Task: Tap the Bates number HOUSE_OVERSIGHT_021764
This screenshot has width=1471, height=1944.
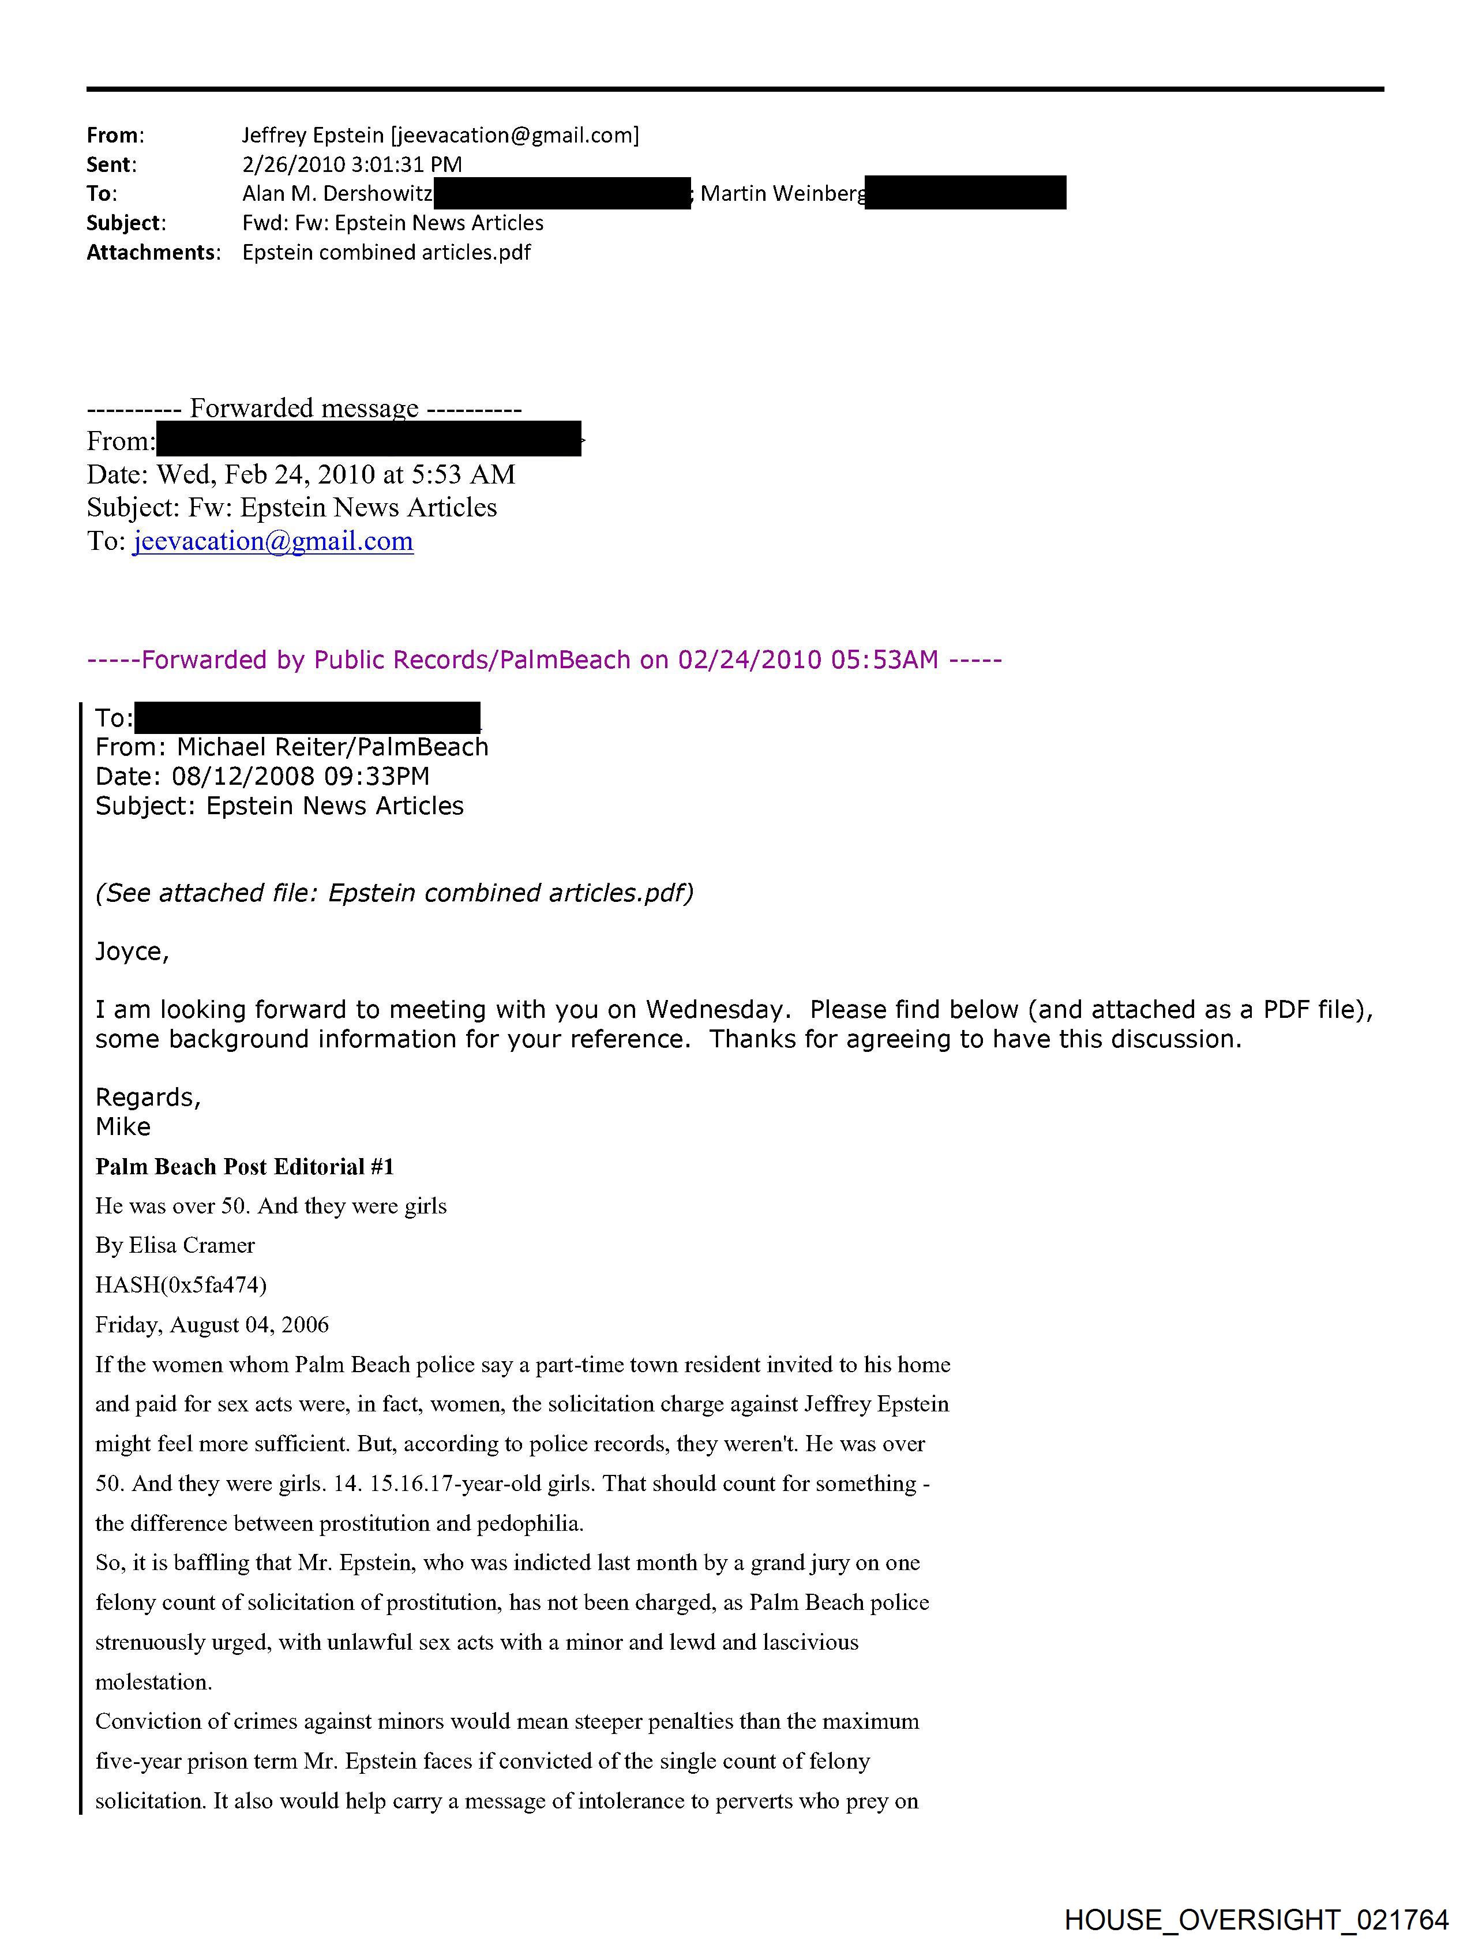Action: pyautogui.click(x=1256, y=1919)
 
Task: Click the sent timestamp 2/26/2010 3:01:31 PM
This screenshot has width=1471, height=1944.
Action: pyautogui.click(x=351, y=164)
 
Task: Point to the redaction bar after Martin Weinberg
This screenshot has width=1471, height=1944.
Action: pyautogui.click(x=965, y=193)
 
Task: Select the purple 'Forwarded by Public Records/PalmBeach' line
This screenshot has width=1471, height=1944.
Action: pyautogui.click(x=544, y=660)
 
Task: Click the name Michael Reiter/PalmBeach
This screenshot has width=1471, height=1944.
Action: pyautogui.click(x=332, y=747)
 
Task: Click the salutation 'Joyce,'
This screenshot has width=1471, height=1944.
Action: pyautogui.click(x=132, y=952)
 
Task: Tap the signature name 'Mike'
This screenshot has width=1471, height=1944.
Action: pyautogui.click(x=123, y=1128)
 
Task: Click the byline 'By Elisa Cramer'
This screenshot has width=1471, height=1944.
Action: pyautogui.click(x=175, y=1245)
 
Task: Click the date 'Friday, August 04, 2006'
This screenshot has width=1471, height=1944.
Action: pyautogui.click(x=212, y=1324)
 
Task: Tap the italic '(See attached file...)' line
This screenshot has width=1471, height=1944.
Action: pyautogui.click(x=393, y=893)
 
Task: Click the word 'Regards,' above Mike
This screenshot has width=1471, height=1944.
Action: pyautogui.click(x=148, y=1098)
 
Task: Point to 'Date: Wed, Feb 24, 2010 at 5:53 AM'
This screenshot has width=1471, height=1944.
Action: pyautogui.click(x=301, y=474)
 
